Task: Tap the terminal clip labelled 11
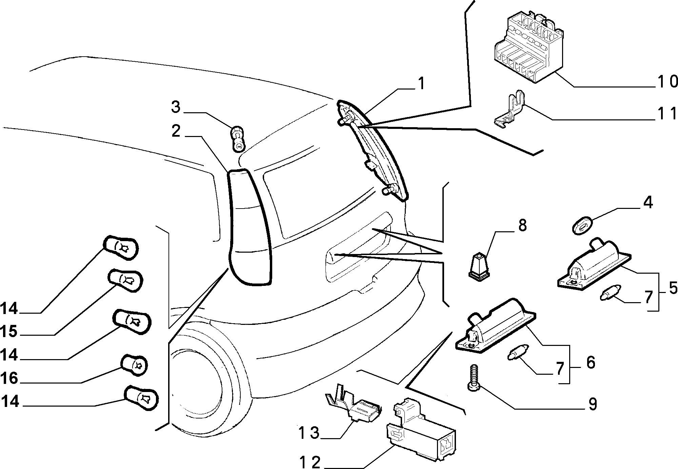[510, 112]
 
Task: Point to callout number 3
[176, 107]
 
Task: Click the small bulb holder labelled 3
[237, 139]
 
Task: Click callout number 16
[9, 378]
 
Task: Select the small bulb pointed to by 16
[135, 366]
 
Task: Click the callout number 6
[591, 363]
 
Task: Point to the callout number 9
[592, 404]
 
